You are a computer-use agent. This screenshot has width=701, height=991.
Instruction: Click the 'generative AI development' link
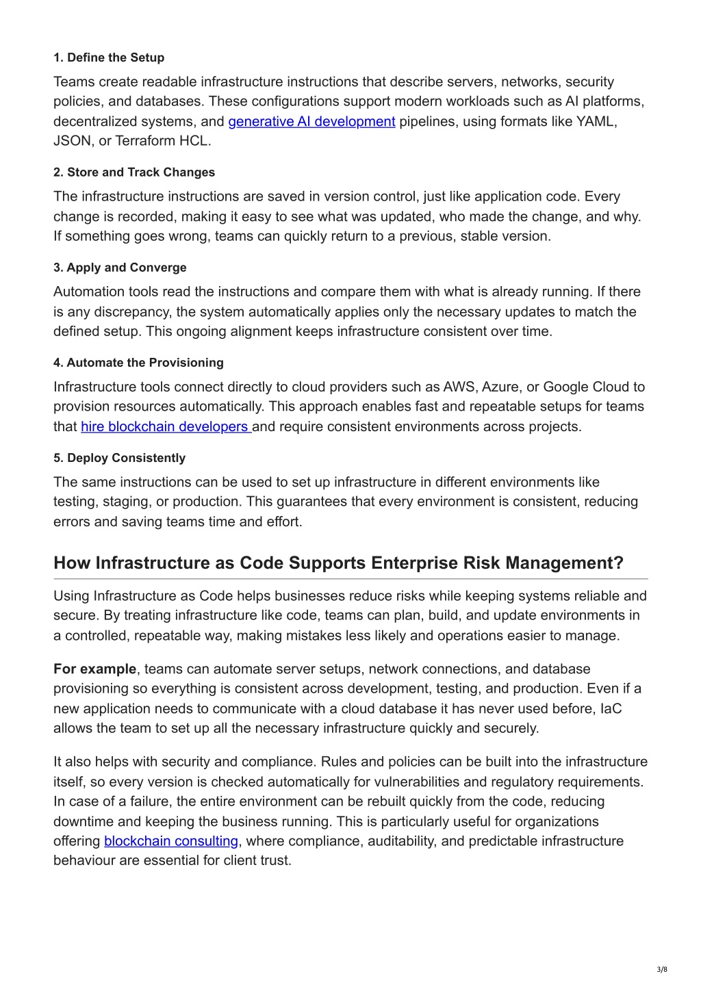click(311, 122)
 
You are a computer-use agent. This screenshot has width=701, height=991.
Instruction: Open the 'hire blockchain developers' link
click(165, 427)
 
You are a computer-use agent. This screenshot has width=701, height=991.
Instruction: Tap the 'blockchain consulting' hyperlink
click(170, 841)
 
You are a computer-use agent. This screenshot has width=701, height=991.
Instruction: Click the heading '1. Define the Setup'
click(109, 57)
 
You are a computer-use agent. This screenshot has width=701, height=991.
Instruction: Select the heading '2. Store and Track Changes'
click(134, 172)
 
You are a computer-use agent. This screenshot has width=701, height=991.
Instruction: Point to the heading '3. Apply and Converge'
click(120, 268)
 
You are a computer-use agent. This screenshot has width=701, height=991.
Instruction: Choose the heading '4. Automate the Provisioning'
click(138, 363)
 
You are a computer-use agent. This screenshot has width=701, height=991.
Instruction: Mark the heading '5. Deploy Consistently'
click(120, 458)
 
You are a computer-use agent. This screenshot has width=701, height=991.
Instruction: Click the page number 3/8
click(661, 969)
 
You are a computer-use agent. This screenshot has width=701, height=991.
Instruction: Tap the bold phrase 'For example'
click(94, 669)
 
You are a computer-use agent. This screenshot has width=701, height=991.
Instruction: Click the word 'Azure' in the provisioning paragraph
click(500, 387)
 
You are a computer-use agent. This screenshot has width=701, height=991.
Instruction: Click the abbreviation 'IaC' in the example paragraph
click(611, 709)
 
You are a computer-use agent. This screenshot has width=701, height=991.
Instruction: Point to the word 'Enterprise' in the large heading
click(414, 563)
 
